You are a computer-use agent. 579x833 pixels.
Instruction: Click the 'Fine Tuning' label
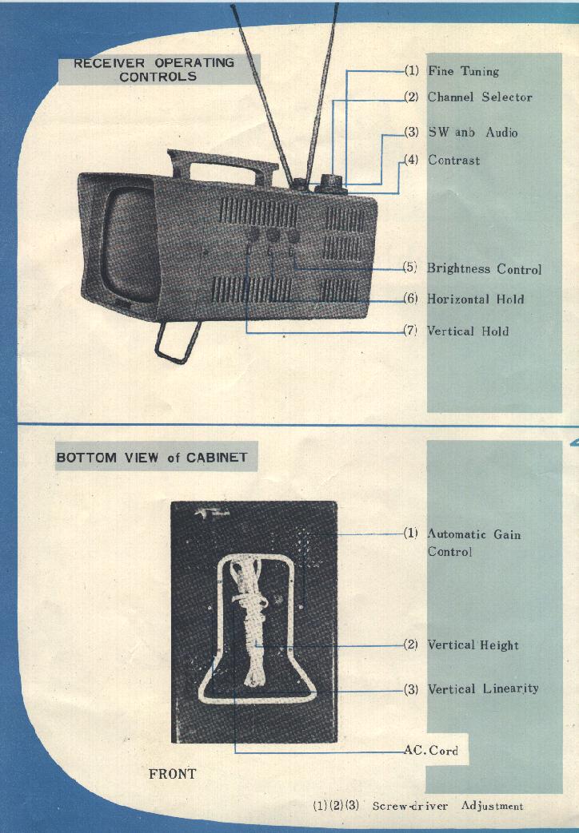click(463, 71)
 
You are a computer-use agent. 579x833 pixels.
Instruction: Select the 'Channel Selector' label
click(479, 97)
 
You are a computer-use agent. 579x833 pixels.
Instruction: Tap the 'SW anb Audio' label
click(472, 132)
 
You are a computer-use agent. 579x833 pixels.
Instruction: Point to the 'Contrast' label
click(453, 160)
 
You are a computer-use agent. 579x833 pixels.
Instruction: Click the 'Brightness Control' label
click(484, 269)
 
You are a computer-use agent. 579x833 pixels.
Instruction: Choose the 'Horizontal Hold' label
click(475, 299)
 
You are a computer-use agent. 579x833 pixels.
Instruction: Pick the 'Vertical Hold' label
click(467, 331)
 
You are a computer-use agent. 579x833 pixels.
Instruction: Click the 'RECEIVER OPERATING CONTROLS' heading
click(154, 69)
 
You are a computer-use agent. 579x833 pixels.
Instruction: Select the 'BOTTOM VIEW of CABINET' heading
click(152, 458)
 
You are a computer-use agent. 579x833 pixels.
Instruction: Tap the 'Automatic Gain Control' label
click(473, 542)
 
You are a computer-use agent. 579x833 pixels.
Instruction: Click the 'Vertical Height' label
click(473, 645)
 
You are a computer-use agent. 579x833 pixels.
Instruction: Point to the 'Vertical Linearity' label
click(482, 688)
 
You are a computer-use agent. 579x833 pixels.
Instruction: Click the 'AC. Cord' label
click(432, 751)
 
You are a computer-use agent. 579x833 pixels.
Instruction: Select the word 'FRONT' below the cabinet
click(172, 773)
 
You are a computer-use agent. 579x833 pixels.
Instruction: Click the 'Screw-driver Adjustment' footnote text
click(448, 806)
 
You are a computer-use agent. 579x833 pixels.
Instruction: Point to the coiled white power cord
click(248, 623)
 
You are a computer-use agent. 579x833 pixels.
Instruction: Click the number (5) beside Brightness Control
click(410, 268)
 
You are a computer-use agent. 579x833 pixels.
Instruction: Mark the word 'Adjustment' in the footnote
click(492, 806)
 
